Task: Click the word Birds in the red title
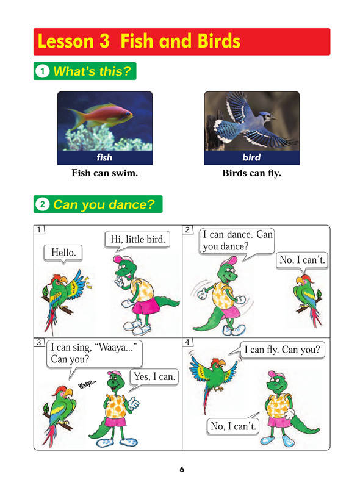[219, 41]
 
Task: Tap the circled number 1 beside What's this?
[42, 71]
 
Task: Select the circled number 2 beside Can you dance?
[42, 204]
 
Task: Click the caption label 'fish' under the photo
[104, 157]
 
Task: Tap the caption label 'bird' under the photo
[251, 157]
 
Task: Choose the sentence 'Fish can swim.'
[104, 173]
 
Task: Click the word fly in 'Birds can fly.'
[275, 173]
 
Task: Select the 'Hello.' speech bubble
[63, 253]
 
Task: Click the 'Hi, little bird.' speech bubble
[138, 240]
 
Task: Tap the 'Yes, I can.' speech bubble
[154, 378]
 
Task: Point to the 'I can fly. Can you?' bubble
[282, 350]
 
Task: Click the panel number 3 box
[39, 342]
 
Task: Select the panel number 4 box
[187, 342]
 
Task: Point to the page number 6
[182, 469]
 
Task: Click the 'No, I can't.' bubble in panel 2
[302, 260]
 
